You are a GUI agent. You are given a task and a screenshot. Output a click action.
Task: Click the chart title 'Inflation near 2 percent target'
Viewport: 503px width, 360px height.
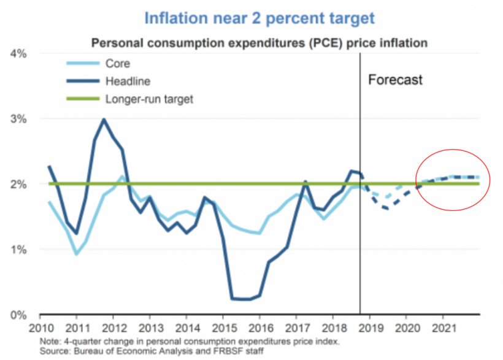(259, 18)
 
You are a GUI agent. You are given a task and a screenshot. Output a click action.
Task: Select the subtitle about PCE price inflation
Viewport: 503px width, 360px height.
(259, 44)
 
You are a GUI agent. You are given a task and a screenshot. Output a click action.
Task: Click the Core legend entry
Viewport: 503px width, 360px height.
(117, 63)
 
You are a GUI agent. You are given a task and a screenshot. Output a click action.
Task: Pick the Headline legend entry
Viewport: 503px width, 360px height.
(126, 81)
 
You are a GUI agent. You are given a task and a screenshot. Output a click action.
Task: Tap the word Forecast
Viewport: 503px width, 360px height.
(396, 80)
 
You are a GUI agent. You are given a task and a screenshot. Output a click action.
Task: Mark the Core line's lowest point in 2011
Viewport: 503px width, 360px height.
(75, 254)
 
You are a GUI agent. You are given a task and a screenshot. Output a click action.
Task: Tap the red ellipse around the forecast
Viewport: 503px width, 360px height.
(453, 149)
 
